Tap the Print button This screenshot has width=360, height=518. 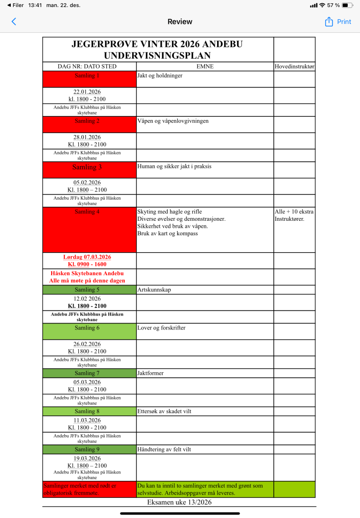coord(344,22)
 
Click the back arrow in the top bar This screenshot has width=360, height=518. coord(14,22)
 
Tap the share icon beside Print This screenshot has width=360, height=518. coord(329,22)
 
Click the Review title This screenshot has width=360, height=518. coord(180,22)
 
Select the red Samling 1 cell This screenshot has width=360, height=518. coord(89,79)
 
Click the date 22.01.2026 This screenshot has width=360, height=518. coord(87,92)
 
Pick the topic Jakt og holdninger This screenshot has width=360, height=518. coord(160,75)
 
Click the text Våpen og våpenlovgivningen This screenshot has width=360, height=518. coord(173,121)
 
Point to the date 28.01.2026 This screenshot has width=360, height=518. coord(87,137)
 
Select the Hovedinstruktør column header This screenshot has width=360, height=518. coord(294,67)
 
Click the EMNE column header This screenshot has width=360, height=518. coord(205,67)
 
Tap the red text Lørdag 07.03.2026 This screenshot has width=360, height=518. coord(87,257)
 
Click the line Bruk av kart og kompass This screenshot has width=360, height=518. coord(167,233)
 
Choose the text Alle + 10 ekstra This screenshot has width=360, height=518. coord(294,212)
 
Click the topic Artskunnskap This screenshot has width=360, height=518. coord(154,290)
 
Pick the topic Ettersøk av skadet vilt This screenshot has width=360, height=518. coord(164,412)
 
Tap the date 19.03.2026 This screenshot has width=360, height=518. coord(87,458)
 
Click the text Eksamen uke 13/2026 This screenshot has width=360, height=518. coord(180,502)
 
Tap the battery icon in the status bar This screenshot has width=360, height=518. coord(347,5)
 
